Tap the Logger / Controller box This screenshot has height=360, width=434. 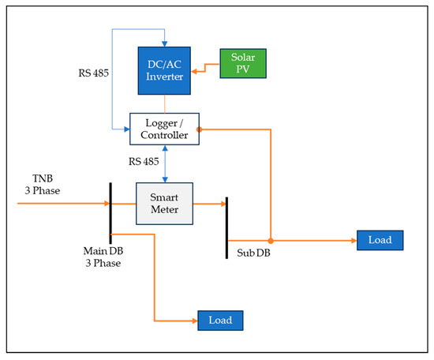[164, 129]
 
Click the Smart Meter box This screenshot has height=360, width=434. [164, 203]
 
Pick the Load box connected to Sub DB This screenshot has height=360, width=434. [380, 240]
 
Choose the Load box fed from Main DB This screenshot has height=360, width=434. [220, 321]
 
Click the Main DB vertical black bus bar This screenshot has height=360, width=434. [110, 209]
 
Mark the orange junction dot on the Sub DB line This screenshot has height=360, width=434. [270, 240]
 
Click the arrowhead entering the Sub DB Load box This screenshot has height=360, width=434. [352, 240]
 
